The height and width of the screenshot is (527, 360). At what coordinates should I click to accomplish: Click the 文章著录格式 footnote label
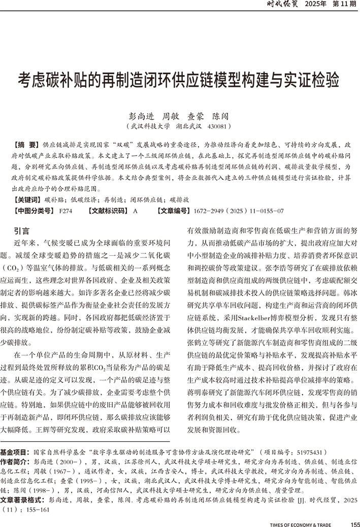click(20, 500)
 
